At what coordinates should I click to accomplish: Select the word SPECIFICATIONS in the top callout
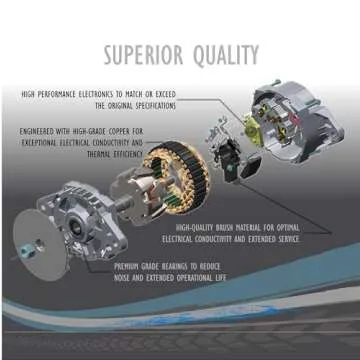click(x=152, y=104)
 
